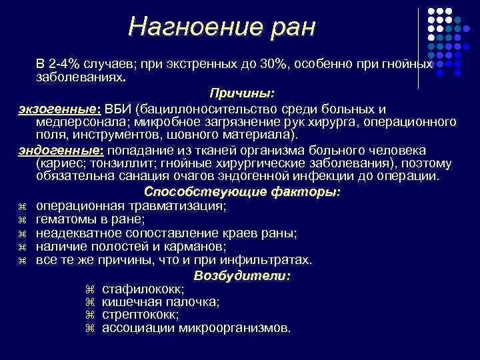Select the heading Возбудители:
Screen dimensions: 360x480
[x=242, y=275]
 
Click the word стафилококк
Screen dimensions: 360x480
[x=142, y=289]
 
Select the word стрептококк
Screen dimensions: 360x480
[x=140, y=314]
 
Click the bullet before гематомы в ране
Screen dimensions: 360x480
[x=21, y=219]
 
